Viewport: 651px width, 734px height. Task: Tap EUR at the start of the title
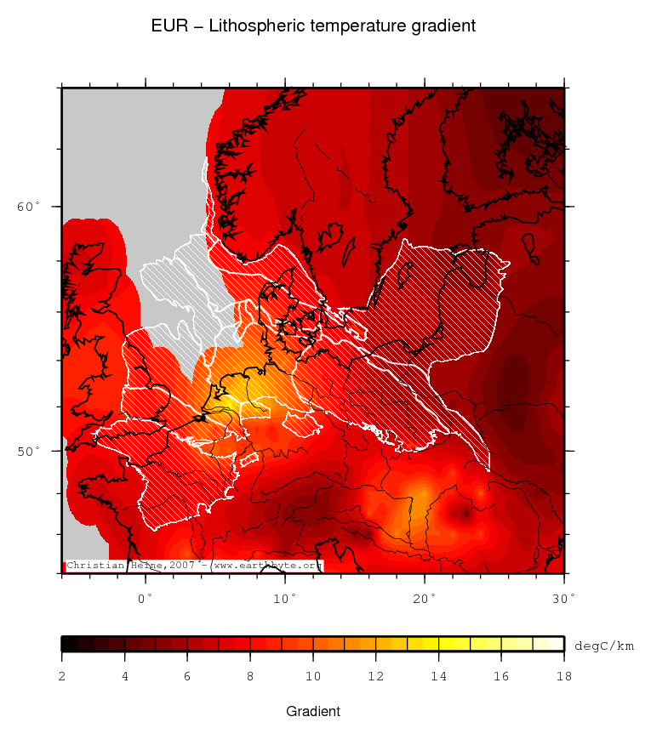tap(167, 26)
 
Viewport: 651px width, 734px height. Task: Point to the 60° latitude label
tap(29, 207)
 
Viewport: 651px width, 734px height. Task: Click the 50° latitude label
tap(29, 451)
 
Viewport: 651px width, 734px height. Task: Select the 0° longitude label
tap(146, 597)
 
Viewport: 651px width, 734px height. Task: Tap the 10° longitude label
tap(285, 597)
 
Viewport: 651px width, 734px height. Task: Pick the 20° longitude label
tap(425, 597)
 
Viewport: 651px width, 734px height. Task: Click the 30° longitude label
tap(563, 597)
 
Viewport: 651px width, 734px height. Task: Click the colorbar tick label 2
tap(62, 677)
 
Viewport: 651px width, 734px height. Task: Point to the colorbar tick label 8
tap(250, 677)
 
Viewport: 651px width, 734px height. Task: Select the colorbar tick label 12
tap(375, 677)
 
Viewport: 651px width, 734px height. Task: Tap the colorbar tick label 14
tap(438, 677)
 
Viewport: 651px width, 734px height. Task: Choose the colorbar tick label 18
tap(563, 677)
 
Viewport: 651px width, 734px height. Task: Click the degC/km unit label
tap(604, 646)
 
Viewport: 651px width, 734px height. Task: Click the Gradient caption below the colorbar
tap(313, 711)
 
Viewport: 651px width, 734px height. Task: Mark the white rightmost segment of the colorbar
tap(549, 644)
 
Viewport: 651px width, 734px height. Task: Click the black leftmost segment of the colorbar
tap(70, 644)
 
